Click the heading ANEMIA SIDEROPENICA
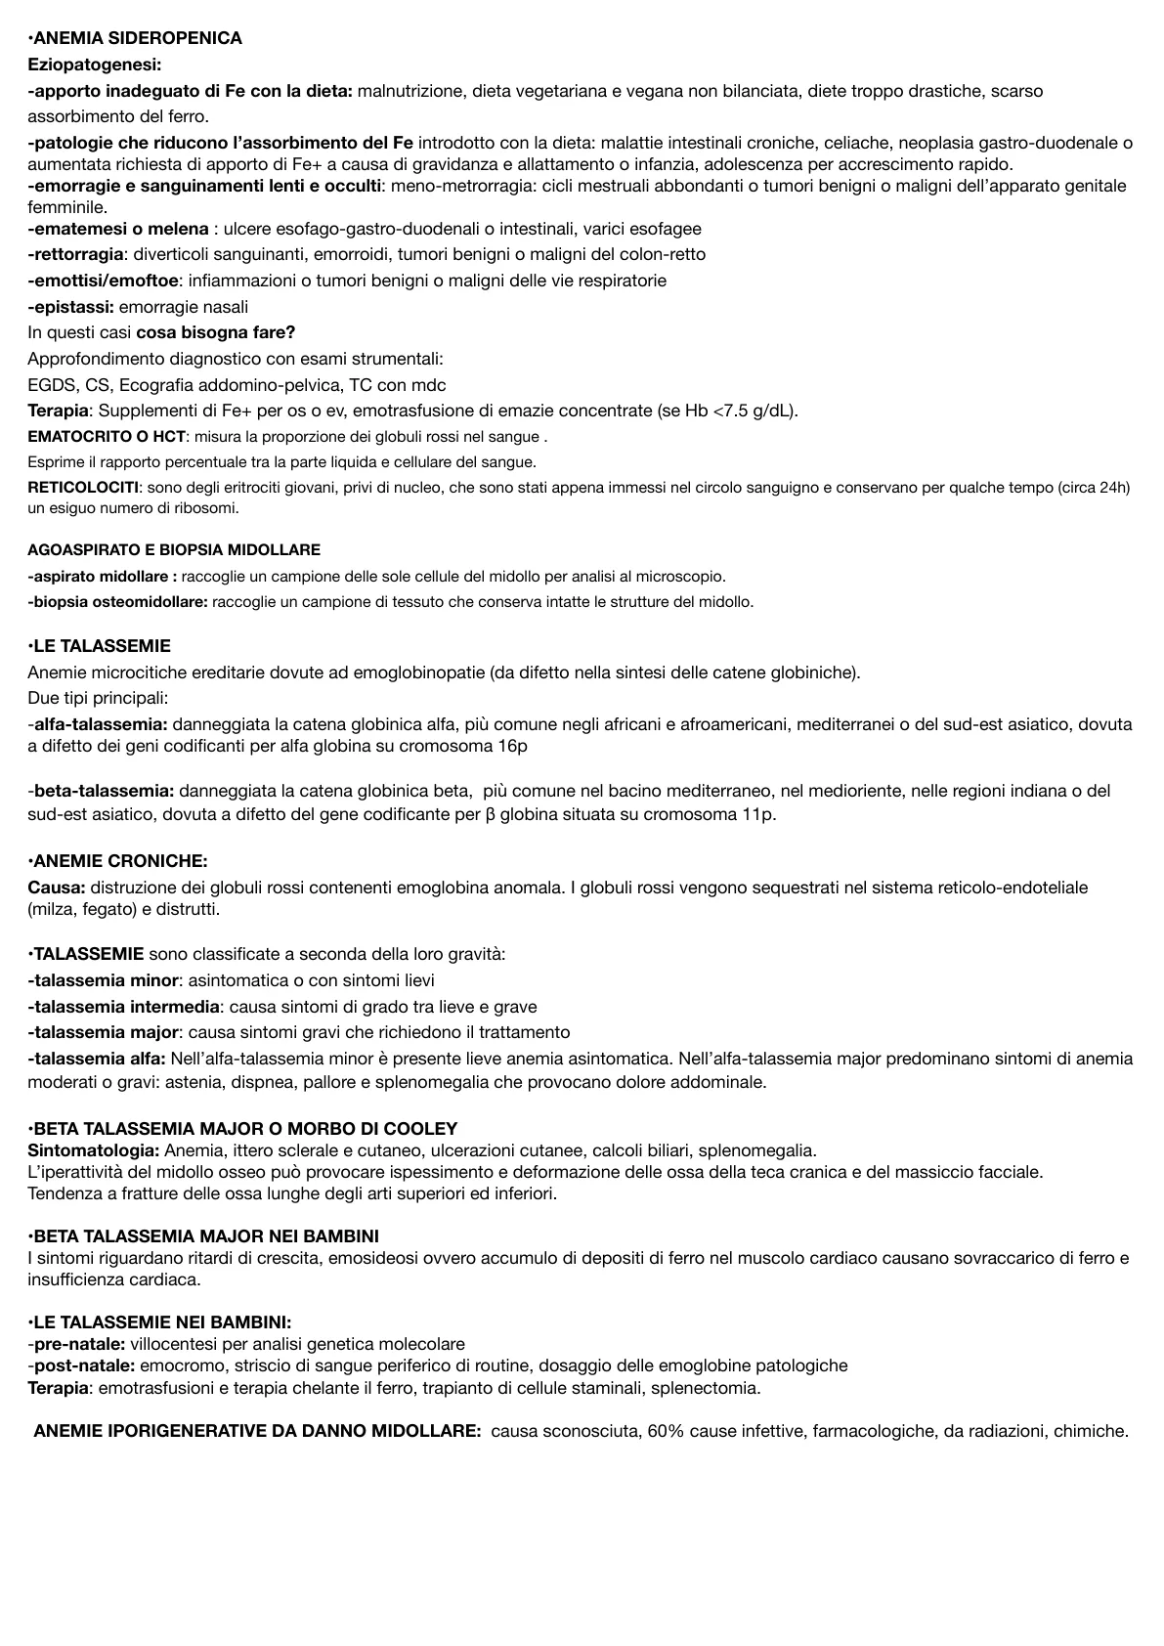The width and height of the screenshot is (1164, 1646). pyautogui.click(x=137, y=39)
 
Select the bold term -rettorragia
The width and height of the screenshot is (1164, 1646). pyautogui.click(x=76, y=254)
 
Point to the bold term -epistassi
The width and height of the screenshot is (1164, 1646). pyautogui.click(x=71, y=307)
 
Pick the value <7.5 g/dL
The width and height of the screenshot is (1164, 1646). pyautogui.click(x=752, y=411)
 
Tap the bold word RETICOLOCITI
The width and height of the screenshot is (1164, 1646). pyautogui.click(x=84, y=487)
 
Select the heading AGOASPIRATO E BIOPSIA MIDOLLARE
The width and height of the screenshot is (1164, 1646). pyautogui.click(x=174, y=550)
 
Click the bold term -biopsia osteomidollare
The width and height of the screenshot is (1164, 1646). pyautogui.click(x=117, y=602)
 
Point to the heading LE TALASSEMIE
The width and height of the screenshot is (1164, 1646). pyautogui.click(x=102, y=646)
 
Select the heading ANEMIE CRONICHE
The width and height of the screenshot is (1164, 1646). pyautogui.click(x=120, y=861)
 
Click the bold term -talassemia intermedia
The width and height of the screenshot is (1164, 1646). pyautogui.click(x=123, y=1007)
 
